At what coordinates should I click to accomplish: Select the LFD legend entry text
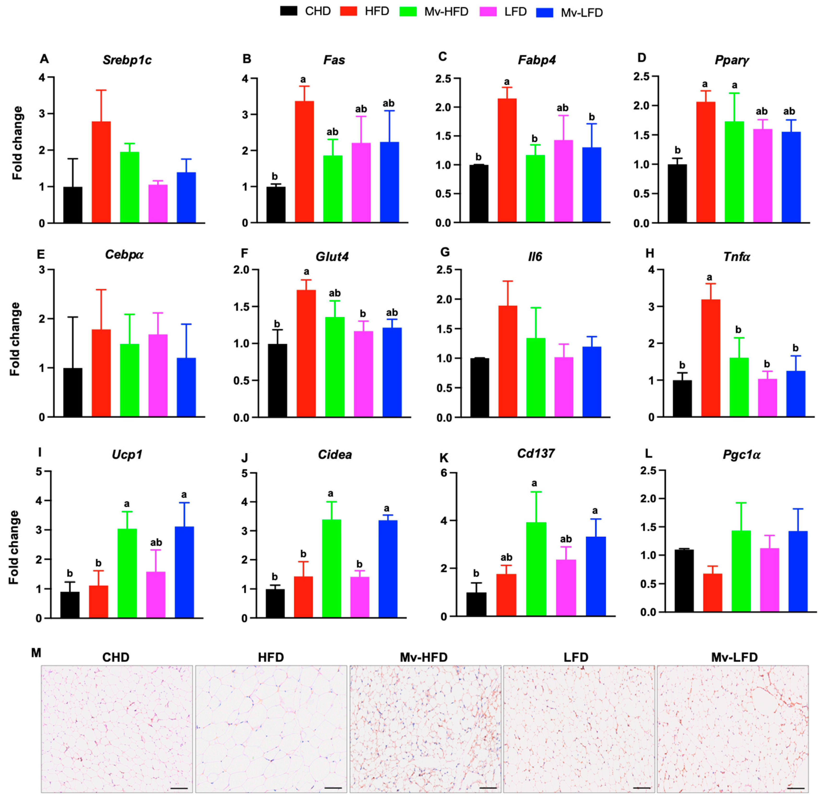(515, 12)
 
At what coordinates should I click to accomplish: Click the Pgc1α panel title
(741, 455)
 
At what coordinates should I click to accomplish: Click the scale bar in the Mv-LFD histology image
(797, 788)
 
